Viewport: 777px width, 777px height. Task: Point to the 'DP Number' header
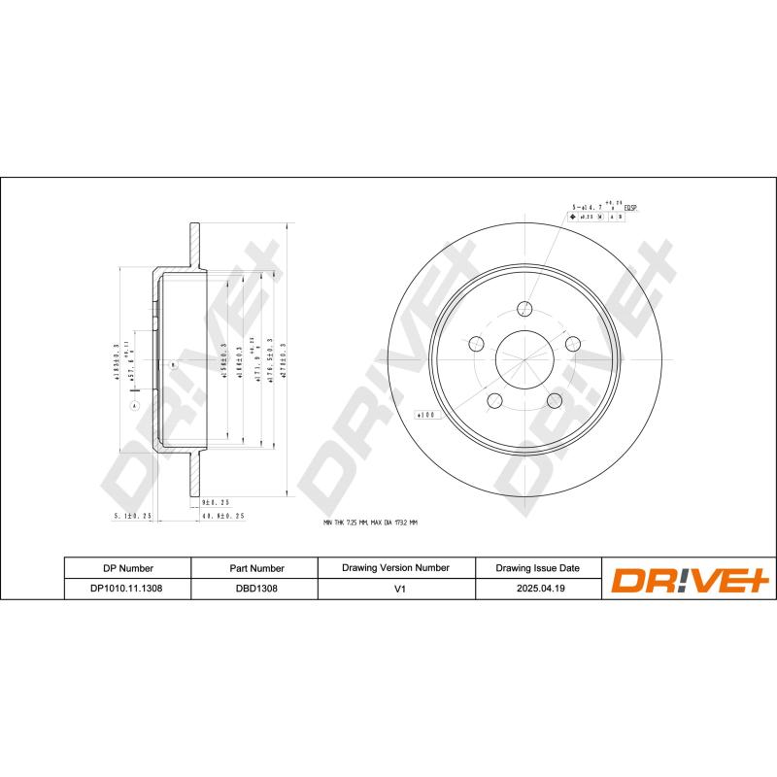(127, 568)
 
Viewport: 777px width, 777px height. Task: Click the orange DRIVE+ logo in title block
(689, 580)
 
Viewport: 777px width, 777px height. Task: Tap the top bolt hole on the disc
(525, 309)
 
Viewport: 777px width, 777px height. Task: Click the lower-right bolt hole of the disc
(554, 400)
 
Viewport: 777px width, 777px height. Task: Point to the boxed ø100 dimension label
(428, 415)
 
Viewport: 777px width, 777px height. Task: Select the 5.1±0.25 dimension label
(134, 516)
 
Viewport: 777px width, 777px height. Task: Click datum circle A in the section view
(134, 404)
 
